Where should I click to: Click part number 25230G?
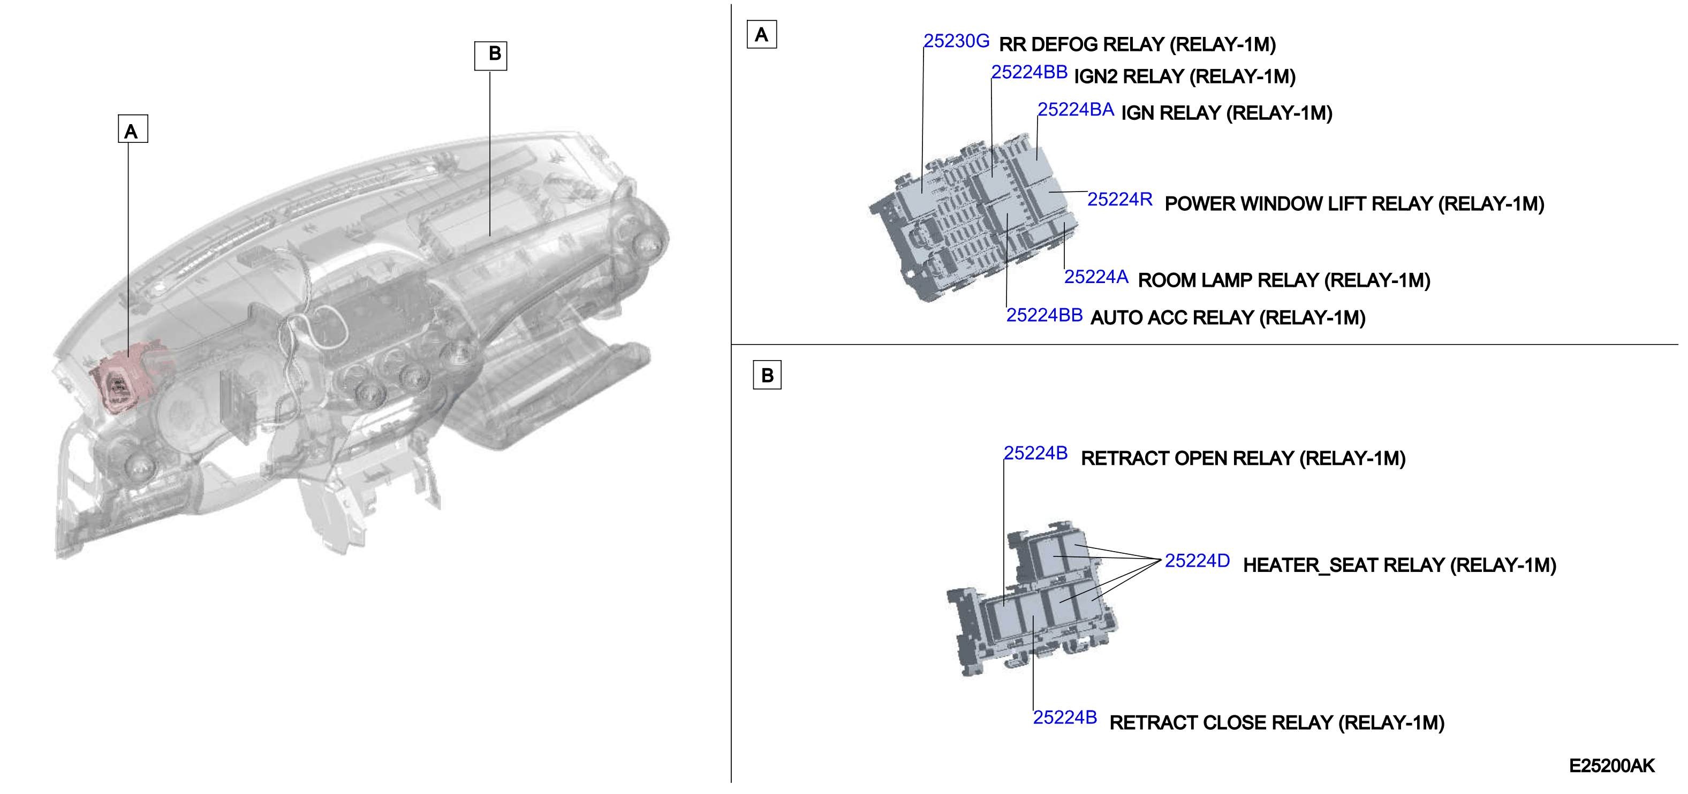click(x=956, y=41)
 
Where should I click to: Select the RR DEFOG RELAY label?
click(x=1137, y=44)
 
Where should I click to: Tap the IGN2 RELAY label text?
click(x=1185, y=77)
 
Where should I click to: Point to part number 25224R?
click(x=1120, y=199)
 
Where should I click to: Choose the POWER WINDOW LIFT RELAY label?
click(x=1354, y=204)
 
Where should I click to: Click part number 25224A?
click(x=1096, y=277)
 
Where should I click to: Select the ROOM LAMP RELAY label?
click(x=1284, y=280)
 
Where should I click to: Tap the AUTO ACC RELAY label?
click(x=1228, y=318)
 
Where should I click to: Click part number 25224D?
click(x=1197, y=561)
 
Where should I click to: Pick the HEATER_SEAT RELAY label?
click(x=1399, y=566)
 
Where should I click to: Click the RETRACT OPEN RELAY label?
click(x=1243, y=459)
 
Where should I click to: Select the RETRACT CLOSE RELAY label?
click(x=1276, y=723)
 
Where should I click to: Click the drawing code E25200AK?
click(x=1611, y=766)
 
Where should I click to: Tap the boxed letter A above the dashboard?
click(x=132, y=128)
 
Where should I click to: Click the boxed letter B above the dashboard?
click(x=491, y=56)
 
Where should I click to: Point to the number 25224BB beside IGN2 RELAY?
click(x=1029, y=72)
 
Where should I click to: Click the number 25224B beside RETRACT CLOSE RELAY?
click(x=1065, y=718)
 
